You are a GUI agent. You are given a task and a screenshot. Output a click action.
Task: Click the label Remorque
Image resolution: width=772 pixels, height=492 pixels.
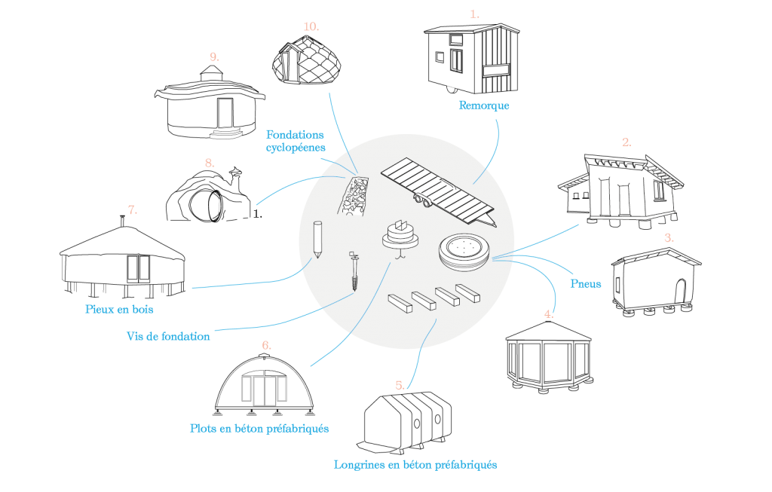[483, 105]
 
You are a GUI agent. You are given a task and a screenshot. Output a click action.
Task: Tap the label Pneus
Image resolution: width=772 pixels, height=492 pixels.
[585, 284]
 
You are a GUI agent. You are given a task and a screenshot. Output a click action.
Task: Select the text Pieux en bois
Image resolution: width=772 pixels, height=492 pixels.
[119, 310]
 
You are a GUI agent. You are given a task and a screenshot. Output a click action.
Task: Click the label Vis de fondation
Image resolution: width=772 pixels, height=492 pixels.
[168, 337]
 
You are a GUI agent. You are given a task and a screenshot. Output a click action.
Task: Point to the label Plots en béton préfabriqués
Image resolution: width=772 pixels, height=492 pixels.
[259, 429]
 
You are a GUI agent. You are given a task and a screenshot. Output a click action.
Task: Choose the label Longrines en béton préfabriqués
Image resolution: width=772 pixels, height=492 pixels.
[415, 465]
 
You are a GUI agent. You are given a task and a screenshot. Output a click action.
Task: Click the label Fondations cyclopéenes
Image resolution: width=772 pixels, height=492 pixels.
[296, 141]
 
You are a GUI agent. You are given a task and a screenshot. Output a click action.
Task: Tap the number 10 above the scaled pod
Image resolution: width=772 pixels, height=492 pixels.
[311, 26]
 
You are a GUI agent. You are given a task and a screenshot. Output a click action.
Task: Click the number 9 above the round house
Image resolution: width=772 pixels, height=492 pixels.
[214, 57]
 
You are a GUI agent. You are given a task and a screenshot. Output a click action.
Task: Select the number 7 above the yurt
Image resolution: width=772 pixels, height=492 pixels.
[133, 210]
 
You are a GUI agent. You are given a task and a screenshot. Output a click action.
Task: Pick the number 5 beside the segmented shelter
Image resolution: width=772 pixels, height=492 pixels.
[400, 385]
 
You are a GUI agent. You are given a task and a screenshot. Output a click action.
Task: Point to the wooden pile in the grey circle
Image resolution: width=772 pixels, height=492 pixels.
[317, 240]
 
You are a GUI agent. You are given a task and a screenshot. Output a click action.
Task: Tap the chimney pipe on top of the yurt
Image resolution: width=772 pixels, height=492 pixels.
[121, 221]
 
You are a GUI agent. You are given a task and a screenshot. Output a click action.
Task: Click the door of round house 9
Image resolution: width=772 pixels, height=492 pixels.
[225, 113]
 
